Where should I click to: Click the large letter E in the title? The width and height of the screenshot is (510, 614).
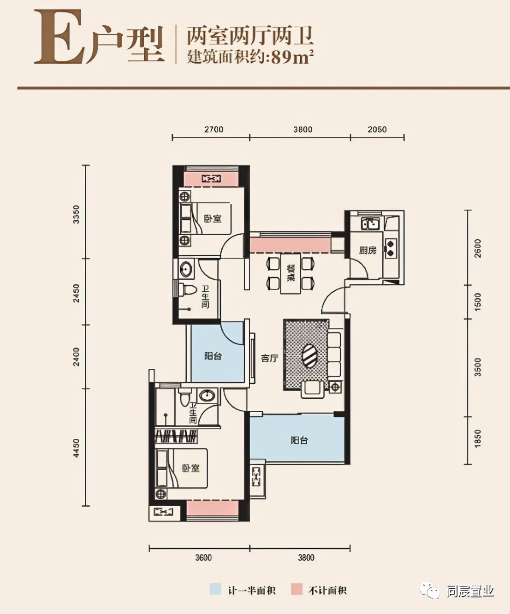pyautogui.click(x=59, y=38)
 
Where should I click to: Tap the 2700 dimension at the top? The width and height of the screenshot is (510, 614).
pyautogui.click(x=213, y=130)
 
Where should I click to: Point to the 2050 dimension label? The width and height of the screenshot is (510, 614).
pyautogui.click(x=377, y=130)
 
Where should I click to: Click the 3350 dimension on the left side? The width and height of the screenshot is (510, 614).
pyautogui.click(x=77, y=214)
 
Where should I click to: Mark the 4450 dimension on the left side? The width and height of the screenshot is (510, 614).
pyautogui.click(x=77, y=448)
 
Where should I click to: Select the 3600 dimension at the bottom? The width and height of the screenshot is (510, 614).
pyautogui.click(x=203, y=557)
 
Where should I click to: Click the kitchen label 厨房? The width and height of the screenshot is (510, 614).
pyautogui.click(x=368, y=250)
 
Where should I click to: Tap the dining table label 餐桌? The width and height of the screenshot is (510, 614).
pyautogui.click(x=291, y=273)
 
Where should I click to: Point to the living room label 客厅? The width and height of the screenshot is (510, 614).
pyautogui.click(x=269, y=358)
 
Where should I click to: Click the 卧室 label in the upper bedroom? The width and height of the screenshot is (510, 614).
pyautogui.click(x=213, y=218)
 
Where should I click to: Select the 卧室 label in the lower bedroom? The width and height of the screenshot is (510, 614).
pyautogui.click(x=190, y=468)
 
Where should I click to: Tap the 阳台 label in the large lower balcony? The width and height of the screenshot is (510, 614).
pyautogui.click(x=299, y=440)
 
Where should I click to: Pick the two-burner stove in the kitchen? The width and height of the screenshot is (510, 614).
pyautogui.click(x=391, y=248)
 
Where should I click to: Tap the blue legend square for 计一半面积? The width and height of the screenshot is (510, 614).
pyautogui.click(x=215, y=590)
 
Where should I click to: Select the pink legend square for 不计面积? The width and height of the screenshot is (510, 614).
pyautogui.click(x=297, y=590)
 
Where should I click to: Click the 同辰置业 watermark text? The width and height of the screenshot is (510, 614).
pyautogui.click(x=470, y=591)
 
